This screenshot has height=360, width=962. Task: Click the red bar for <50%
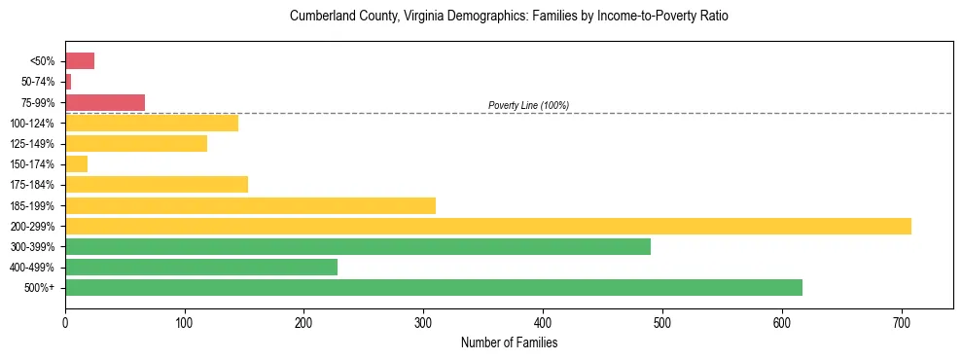point(80,61)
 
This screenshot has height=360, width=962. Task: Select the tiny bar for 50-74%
point(68,82)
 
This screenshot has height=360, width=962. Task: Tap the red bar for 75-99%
point(105,102)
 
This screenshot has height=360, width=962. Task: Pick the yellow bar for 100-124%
point(152,124)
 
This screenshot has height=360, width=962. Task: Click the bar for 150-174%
point(76,164)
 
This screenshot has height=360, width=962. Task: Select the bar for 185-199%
point(250,205)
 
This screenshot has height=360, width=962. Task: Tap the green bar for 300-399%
point(358,247)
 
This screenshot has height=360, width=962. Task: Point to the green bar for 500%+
point(434,288)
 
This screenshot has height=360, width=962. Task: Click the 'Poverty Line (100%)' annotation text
point(528,105)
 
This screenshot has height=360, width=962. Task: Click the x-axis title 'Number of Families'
point(509,342)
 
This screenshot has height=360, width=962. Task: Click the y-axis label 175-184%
point(32,185)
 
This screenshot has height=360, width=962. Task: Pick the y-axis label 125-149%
point(32,144)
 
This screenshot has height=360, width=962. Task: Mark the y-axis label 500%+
point(40,288)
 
